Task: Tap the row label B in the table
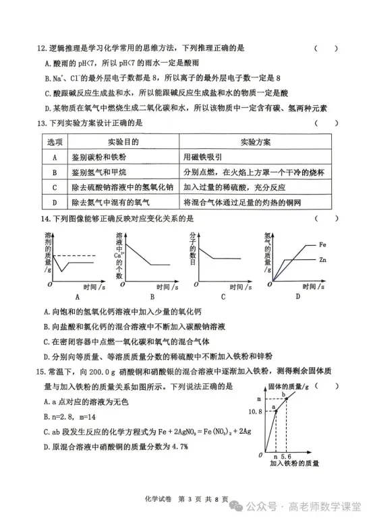(x=54, y=172)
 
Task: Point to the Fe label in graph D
(x=323, y=245)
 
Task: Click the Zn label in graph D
(x=323, y=259)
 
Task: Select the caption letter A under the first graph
(x=76, y=296)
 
